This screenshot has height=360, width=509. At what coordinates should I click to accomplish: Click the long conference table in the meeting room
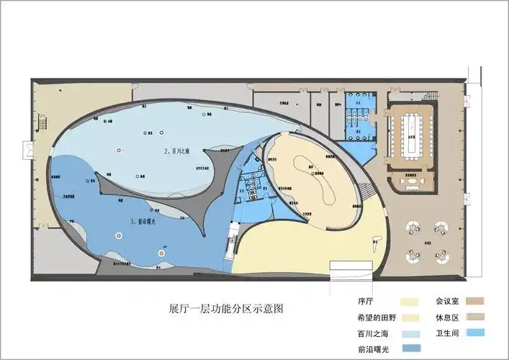coord(412,133)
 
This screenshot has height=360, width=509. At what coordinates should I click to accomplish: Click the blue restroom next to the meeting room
coord(358,113)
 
